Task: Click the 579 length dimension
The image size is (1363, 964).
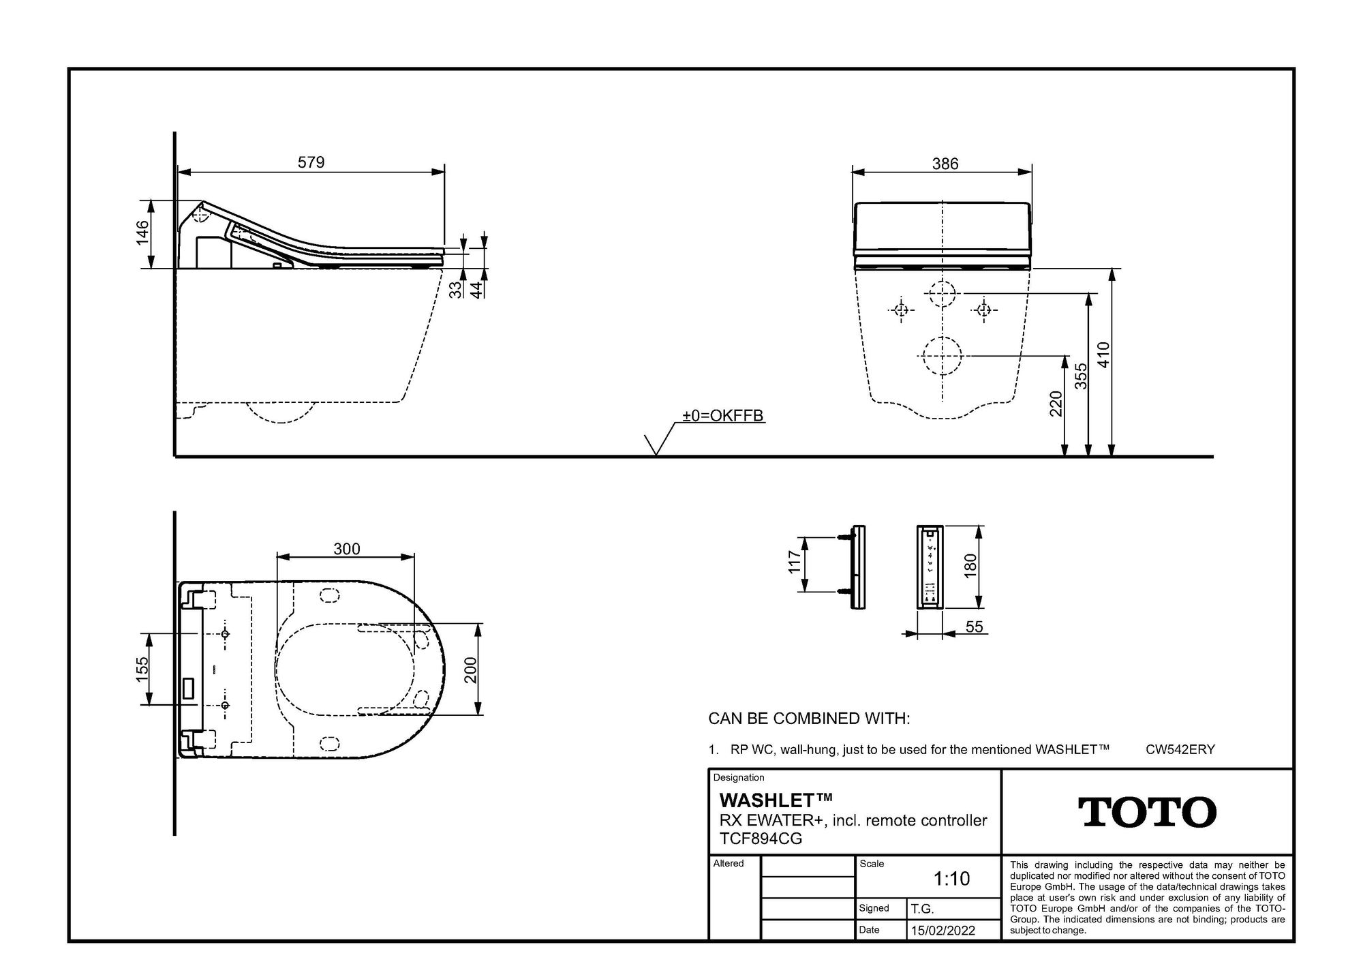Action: point(311,162)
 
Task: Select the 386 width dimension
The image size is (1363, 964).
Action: point(945,164)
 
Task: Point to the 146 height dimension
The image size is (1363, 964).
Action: point(142,234)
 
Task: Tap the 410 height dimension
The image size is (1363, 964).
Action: point(1103,355)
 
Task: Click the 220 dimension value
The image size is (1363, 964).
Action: point(1056,404)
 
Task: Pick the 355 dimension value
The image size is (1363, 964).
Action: point(1080,376)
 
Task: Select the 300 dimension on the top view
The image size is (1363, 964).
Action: point(347,549)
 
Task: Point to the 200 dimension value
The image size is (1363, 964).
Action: point(470,669)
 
